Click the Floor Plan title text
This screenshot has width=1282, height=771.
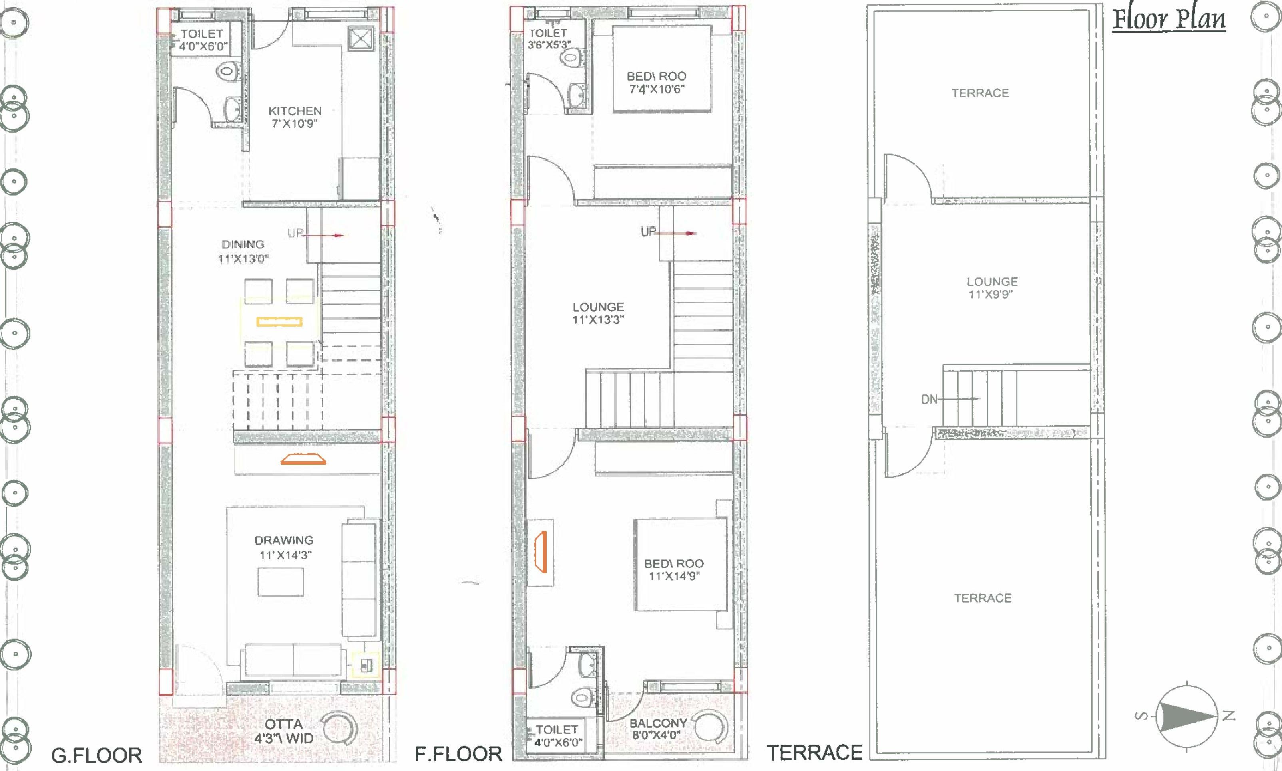[x=1168, y=20]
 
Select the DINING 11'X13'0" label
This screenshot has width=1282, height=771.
[x=243, y=251]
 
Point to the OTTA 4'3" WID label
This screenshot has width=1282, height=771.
[x=283, y=731]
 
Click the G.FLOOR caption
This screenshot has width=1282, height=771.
[x=97, y=755]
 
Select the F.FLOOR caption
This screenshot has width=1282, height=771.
[x=458, y=754]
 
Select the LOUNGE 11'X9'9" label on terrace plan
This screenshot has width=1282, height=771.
[x=992, y=288]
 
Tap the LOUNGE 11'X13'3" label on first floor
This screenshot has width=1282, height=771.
[x=598, y=313]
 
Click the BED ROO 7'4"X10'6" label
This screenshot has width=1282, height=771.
[x=656, y=83]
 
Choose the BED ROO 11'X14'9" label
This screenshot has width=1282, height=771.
[x=674, y=569]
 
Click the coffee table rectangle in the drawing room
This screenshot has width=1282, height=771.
[x=281, y=581]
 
